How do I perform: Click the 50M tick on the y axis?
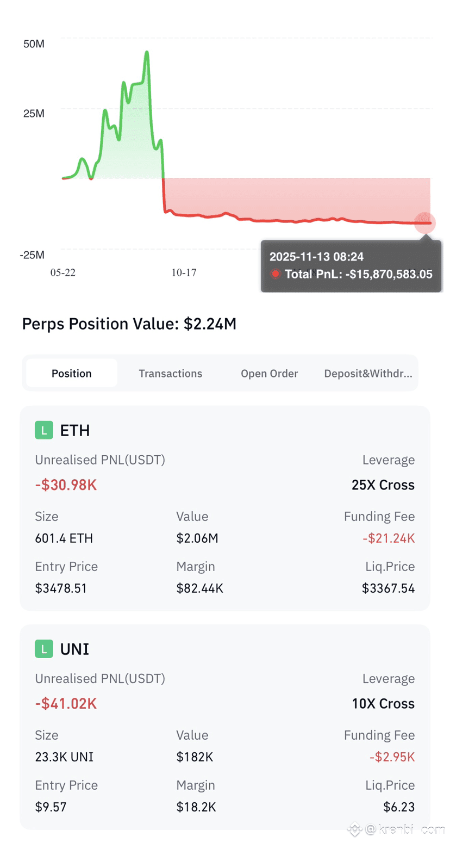click(34, 44)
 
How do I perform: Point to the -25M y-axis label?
click(32, 255)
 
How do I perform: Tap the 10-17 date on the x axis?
click(184, 272)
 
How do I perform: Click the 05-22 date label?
click(63, 272)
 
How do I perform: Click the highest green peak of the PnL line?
click(147, 52)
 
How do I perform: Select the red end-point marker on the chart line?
click(425, 223)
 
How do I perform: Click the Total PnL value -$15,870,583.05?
click(389, 274)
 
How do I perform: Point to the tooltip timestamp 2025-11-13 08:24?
click(316, 257)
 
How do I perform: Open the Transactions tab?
click(170, 373)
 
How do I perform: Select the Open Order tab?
click(269, 373)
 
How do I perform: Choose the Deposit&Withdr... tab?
click(368, 373)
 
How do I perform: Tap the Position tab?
click(71, 373)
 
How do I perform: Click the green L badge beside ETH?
click(44, 430)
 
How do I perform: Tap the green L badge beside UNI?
click(44, 649)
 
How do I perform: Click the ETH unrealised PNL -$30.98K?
click(66, 485)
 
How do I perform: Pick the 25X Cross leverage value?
click(383, 485)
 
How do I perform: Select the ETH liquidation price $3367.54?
click(388, 588)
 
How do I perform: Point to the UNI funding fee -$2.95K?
click(392, 757)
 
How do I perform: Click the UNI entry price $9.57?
click(51, 807)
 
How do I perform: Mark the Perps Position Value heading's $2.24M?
click(210, 324)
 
